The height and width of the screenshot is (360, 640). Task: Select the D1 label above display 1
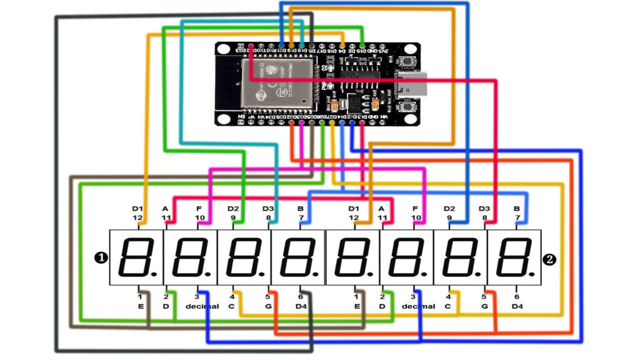(x=137, y=208)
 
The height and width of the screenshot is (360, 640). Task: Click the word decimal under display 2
(x=417, y=306)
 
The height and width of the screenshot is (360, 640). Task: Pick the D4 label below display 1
(x=301, y=306)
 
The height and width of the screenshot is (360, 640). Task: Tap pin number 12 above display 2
(x=354, y=217)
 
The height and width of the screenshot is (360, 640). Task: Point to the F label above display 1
(x=199, y=208)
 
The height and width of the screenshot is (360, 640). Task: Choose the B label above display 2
(x=517, y=208)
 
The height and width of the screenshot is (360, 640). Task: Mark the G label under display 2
(x=483, y=306)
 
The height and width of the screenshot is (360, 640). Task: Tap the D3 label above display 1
(x=267, y=208)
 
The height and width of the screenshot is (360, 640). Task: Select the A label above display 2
(x=381, y=208)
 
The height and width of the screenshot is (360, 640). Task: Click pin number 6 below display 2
(x=517, y=297)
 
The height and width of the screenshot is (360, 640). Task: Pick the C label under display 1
(x=232, y=306)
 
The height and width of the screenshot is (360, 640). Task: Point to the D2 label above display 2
(x=449, y=208)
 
